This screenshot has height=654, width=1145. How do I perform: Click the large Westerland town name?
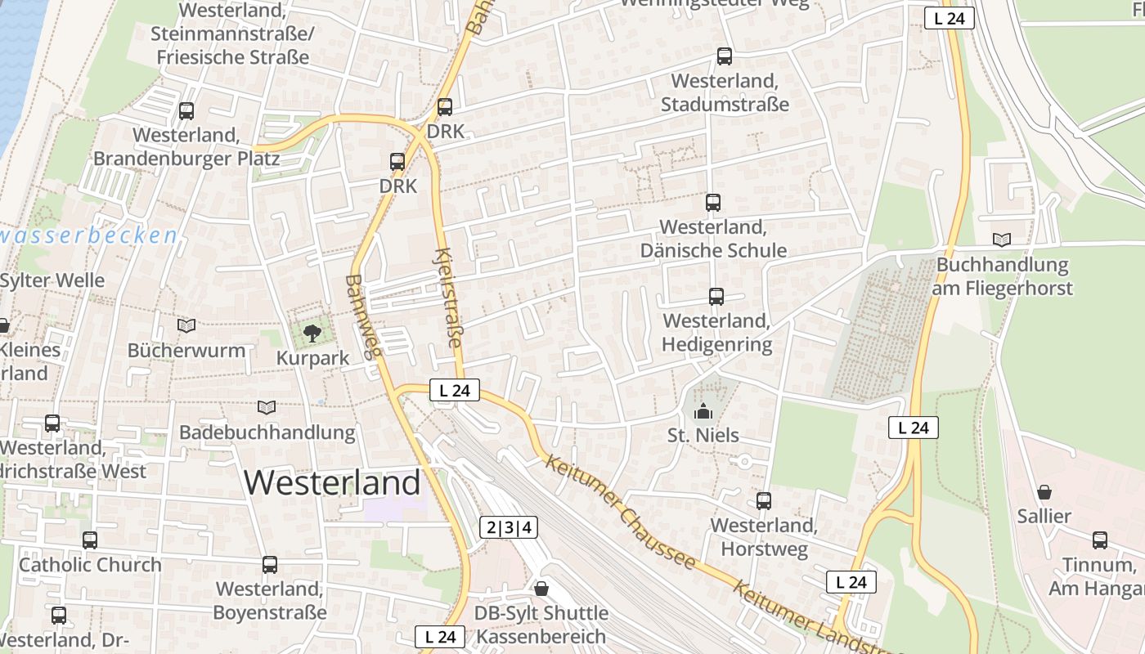[332, 482]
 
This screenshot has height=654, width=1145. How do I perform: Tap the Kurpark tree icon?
[312, 333]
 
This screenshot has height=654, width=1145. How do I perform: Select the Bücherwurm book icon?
[186, 326]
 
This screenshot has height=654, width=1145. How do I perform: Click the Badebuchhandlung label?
[267, 432]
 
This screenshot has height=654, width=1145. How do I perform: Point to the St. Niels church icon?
[703, 411]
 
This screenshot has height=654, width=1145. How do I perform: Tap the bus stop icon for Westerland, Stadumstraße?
[725, 56]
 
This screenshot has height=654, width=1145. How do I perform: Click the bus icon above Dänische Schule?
[713, 203]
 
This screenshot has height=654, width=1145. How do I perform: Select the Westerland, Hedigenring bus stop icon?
[716, 297]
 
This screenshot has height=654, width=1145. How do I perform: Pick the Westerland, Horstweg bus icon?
[764, 501]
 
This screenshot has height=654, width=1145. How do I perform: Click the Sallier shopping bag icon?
[1044, 492]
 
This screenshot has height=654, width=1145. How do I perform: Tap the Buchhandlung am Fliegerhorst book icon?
[1002, 240]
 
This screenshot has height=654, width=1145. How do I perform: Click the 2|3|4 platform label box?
[509, 528]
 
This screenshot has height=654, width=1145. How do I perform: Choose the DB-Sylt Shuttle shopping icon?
[541, 589]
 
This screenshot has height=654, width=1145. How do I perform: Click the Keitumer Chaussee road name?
[622, 513]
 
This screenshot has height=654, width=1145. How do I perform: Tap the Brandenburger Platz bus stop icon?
[186, 111]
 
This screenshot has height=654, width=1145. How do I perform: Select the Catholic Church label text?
[90, 565]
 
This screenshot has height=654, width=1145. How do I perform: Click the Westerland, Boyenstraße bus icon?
[270, 565]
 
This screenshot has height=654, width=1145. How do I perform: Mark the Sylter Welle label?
[52, 280]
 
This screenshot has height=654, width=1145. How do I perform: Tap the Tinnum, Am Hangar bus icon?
[1100, 540]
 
